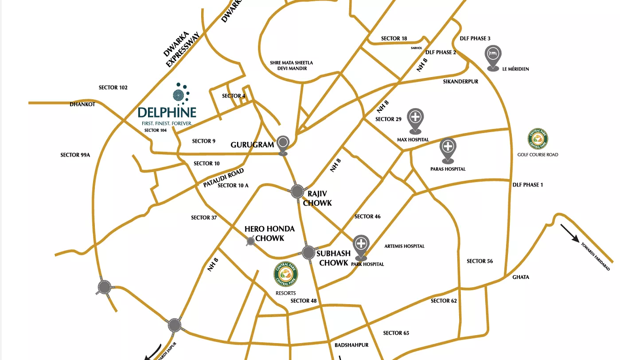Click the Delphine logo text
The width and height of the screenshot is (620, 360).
click(167, 112)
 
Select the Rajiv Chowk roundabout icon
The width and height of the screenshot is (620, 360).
click(297, 192)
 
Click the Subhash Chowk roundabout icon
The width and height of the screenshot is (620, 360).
click(308, 253)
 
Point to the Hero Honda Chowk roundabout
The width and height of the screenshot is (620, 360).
click(250, 241)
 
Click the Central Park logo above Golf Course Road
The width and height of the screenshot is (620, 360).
click(538, 139)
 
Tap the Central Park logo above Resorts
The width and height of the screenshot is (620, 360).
click(286, 275)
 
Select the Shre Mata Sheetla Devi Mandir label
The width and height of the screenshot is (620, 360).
click(291, 66)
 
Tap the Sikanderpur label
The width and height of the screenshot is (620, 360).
click(460, 82)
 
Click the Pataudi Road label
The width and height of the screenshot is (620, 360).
click(223, 178)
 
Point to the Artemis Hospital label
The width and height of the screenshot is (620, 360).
click(404, 246)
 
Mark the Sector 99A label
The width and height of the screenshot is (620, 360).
click(75, 155)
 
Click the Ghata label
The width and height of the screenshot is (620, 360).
click(521, 277)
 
